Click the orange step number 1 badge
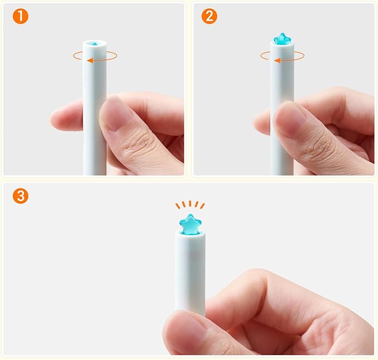tap(21, 16)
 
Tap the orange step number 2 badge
tap(209, 16)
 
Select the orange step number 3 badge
tap(21, 196)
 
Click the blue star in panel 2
tap(282, 39)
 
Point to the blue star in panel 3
tap(190, 225)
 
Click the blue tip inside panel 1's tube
tap(95, 44)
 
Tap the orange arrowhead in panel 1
tap(90, 60)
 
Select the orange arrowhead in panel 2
tap(277, 60)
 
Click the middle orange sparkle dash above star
tap(190, 203)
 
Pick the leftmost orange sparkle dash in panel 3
tap(178, 206)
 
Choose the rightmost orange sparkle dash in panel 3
tap(203, 206)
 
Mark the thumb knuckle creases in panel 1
tap(135, 142)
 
